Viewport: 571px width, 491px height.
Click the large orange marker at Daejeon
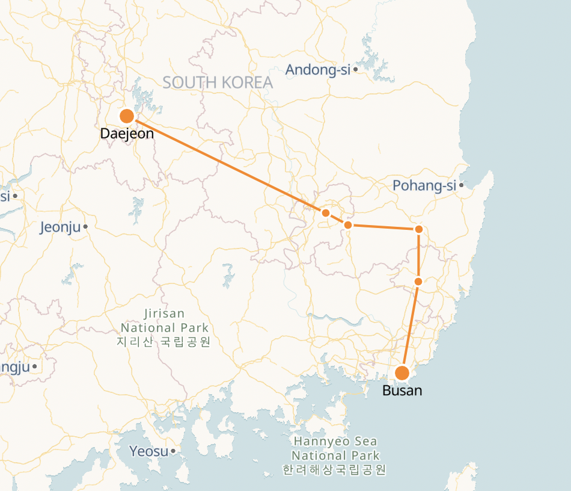(x=127, y=116)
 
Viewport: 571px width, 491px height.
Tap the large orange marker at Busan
(x=402, y=373)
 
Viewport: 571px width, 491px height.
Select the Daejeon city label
(x=127, y=134)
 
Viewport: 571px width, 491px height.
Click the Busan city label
(x=402, y=391)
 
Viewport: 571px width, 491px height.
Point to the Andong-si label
(x=317, y=70)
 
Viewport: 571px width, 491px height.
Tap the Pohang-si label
(x=424, y=185)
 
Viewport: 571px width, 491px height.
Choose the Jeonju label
(x=60, y=227)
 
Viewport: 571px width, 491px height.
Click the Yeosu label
(x=148, y=451)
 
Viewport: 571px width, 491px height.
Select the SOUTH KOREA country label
(x=218, y=82)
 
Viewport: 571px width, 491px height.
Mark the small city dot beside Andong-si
(x=356, y=70)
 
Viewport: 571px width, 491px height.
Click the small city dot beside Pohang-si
(x=461, y=185)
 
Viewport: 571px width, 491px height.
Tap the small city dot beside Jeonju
(x=86, y=227)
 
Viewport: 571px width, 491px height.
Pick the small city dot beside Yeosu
(x=173, y=451)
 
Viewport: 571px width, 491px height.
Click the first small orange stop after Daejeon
(x=325, y=213)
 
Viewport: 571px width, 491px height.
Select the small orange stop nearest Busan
(x=418, y=281)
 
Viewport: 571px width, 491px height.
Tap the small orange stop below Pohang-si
(x=419, y=229)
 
